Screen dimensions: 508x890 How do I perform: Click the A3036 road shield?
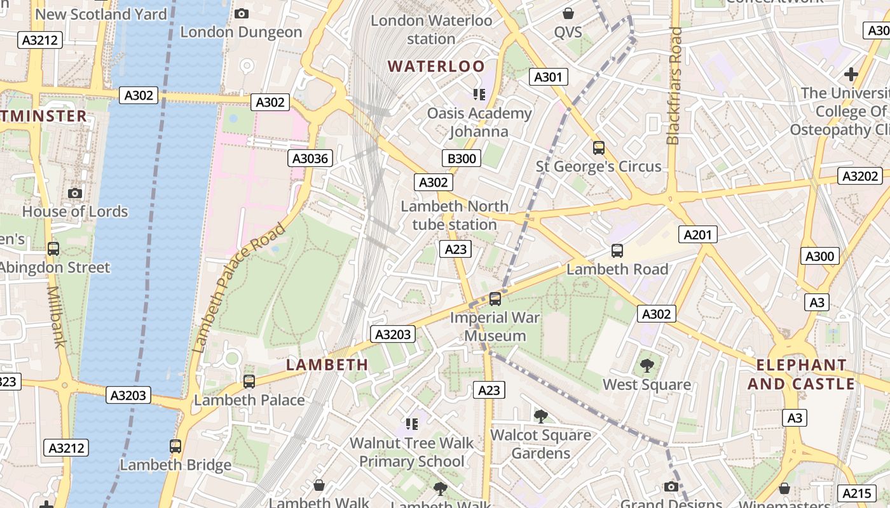[311, 158]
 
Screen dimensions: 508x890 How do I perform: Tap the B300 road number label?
[461, 158]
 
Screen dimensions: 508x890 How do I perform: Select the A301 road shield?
[548, 77]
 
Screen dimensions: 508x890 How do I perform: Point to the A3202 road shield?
[860, 177]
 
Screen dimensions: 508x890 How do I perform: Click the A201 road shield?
[697, 235]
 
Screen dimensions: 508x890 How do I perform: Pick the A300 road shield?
[819, 257]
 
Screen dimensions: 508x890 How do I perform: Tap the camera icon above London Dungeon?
[242, 13]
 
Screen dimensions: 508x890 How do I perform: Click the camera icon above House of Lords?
[75, 193]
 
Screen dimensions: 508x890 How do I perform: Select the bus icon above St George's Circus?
[598, 148]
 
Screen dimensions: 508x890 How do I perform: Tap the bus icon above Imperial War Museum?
[495, 298]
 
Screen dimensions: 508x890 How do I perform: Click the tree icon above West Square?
[647, 366]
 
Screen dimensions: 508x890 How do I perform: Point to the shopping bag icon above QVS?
[568, 13]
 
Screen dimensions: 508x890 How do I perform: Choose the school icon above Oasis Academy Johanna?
[479, 95]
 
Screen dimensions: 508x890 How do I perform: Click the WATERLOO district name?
[436, 67]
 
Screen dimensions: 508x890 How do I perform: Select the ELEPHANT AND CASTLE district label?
[801, 375]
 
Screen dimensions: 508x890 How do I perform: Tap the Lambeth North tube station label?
[455, 215]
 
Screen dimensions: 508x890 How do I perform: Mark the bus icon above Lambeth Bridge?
[175, 446]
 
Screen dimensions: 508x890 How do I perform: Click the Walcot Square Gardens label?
[540, 444]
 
